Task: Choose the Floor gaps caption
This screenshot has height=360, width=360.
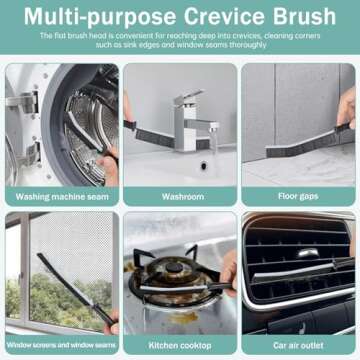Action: (298, 196)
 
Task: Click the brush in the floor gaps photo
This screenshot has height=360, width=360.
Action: (300, 140)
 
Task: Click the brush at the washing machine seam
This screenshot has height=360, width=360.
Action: (85, 140)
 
